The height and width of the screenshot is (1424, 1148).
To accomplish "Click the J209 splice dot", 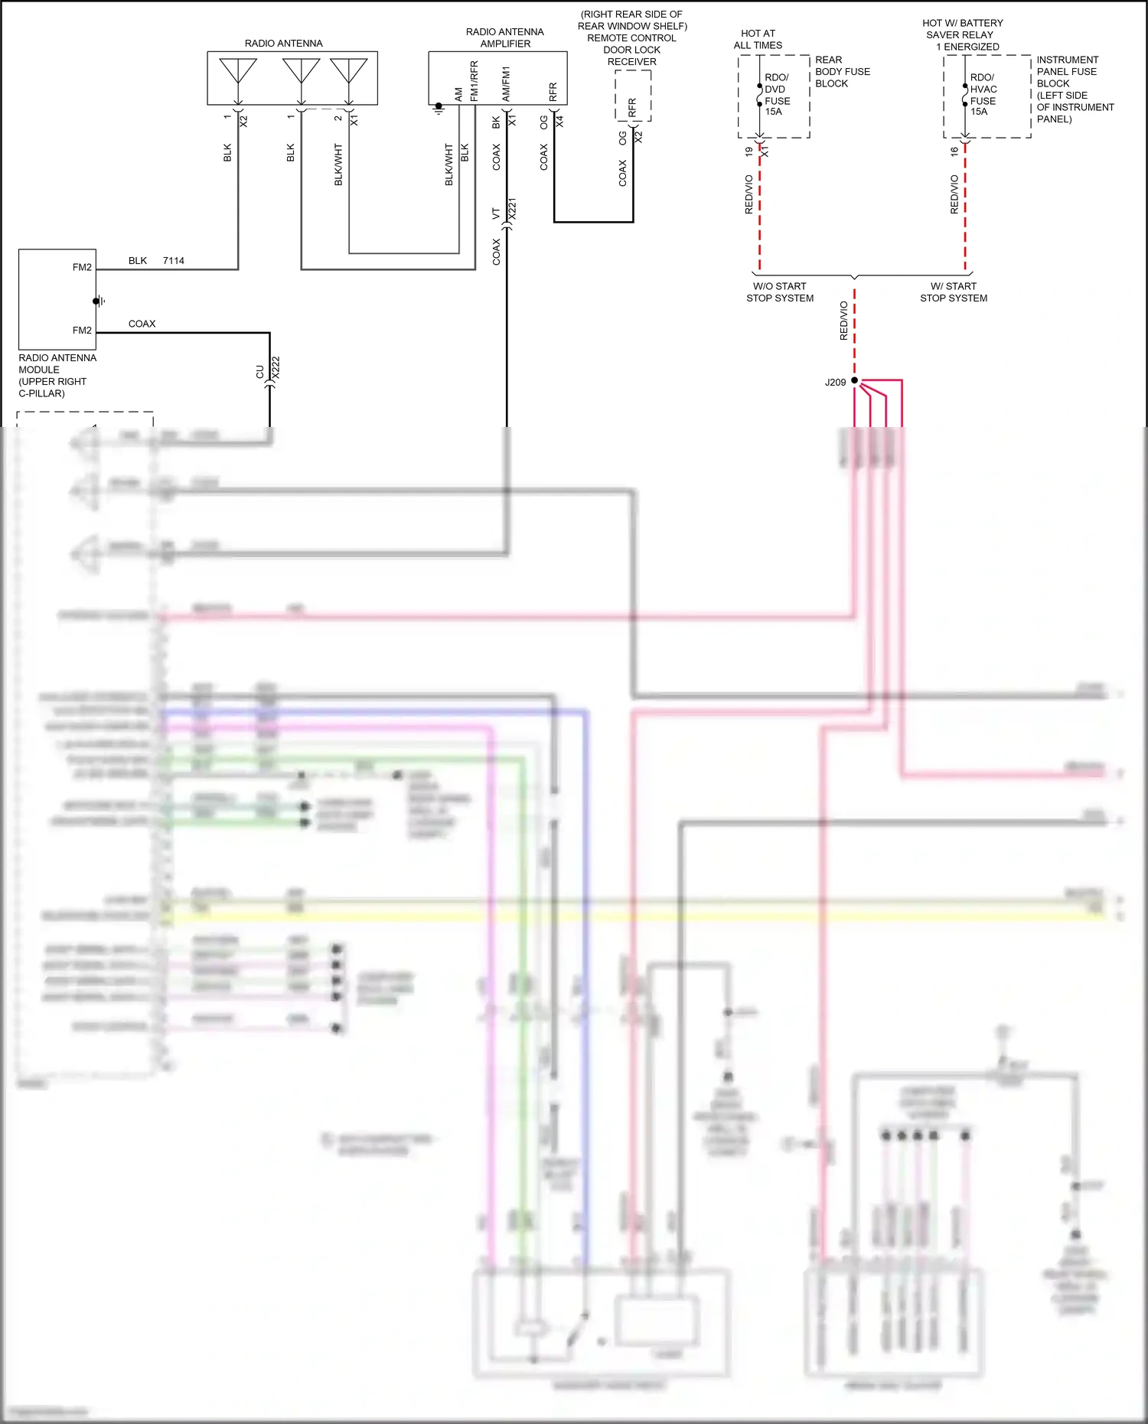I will click(854, 380).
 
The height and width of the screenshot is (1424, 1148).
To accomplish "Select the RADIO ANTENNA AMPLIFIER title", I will click(505, 37).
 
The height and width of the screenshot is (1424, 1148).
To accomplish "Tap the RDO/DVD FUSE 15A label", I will click(777, 94).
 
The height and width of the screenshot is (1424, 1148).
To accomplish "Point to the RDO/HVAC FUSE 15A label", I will click(983, 94).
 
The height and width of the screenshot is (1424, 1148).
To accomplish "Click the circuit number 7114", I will click(174, 261).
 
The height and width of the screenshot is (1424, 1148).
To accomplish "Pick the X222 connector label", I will click(276, 367).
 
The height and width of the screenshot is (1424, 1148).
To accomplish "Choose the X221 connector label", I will click(513, 209).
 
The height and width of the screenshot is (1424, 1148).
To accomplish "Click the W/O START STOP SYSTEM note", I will click(780, 292).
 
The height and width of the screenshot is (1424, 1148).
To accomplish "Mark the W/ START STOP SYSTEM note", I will click(954, 292).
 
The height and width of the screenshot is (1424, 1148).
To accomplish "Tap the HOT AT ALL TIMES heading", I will click(758, 39).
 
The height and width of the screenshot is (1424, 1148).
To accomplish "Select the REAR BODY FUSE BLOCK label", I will click(842, 71).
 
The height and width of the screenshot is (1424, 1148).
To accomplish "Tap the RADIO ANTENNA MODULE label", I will click(57, 375).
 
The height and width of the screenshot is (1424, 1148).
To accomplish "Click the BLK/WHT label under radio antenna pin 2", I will click(338, 165).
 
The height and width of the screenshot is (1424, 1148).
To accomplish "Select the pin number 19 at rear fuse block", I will click(748, 152).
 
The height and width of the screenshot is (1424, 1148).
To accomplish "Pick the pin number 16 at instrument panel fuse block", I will click(954, 152).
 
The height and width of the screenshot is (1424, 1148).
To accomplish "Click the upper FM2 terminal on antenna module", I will click(82, 267).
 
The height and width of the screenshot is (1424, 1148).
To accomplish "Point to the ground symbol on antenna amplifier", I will click(439, 109).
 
